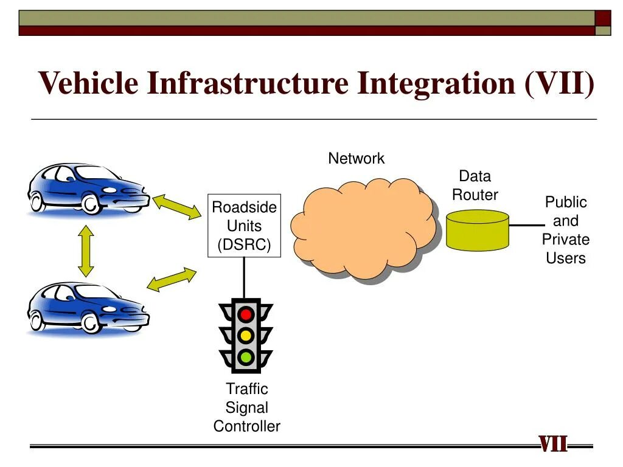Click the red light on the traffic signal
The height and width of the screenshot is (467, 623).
[x=246, y=314]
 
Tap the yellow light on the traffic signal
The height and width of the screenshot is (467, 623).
[x=246, y=336]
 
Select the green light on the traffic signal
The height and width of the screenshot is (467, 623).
[x=246, y=356]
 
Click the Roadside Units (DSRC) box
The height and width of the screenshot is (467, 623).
[x=244, y=226]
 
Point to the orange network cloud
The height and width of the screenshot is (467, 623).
[x=364, y=228]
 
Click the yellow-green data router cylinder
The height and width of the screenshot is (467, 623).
[x=477, y=230]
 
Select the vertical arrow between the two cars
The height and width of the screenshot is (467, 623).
[x=86, y=251]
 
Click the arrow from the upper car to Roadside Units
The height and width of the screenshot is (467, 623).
[x=176, y=206]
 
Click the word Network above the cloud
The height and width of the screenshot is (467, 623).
[x=356, y=159]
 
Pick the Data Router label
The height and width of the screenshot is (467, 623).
[x=475, y=185]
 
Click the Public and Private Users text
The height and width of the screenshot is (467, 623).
[x=565, y=230]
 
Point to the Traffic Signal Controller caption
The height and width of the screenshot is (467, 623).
[x=246, y=407]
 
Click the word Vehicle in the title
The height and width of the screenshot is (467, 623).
[x=88, y=83]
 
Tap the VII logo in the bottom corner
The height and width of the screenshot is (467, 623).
[x=553, y=445]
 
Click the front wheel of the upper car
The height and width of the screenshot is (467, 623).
[x=91, y=204]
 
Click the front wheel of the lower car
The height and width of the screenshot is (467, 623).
[x=91, y=323]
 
